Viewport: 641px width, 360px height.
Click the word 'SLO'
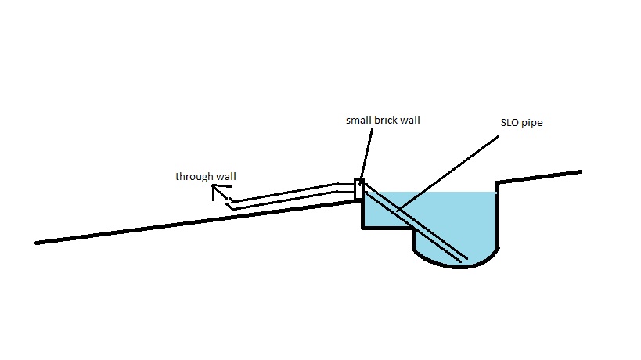click(x=509, y=124)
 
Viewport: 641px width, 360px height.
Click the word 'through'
click(x=193, y=176)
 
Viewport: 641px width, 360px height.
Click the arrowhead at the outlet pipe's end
click(x=216, y=191)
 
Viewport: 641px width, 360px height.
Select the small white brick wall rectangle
click(x=358, y=189)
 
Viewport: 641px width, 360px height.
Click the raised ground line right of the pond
click(x=540, y=176)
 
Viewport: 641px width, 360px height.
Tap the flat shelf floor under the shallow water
click(x=387, y=228)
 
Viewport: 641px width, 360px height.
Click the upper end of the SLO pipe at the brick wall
click(x=368, y=191)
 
